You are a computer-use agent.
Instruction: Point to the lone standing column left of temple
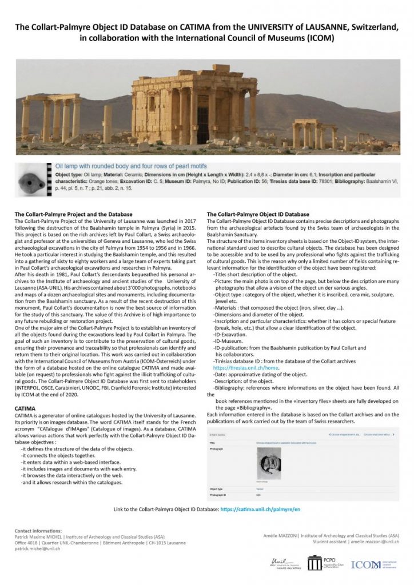[x=108, y=124]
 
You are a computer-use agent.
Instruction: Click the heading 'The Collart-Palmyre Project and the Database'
[x=73, y=214]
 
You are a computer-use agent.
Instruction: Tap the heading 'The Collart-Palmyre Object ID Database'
[x=257, y=214]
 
